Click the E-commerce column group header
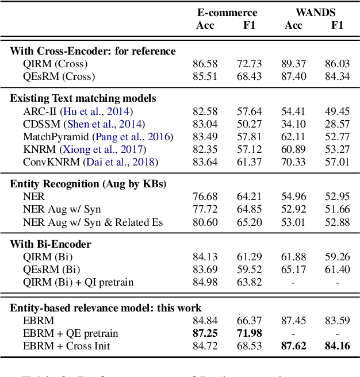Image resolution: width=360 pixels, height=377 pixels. (x=227, y=12)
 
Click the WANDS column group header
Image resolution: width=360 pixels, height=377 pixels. (x=316, y=12)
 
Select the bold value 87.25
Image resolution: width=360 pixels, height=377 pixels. (x=205, y=334)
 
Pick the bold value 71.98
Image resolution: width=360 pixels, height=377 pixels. (x=249, y=334)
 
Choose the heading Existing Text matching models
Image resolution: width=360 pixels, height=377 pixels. (x=83, y=98)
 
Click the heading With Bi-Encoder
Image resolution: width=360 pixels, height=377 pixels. (x=51, y=244)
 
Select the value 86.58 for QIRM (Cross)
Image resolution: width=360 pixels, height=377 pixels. (x=205, y=63)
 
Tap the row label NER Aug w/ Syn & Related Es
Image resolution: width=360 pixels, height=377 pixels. (x=93, y=222)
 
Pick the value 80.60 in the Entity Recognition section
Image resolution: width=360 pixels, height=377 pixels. (x=205, y=222)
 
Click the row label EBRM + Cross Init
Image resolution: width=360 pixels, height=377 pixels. (x=66, y=347)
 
